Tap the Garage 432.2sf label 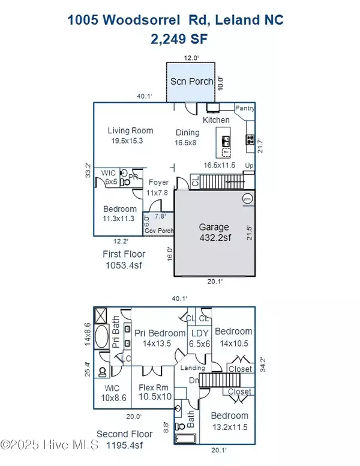214,227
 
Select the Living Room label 130,130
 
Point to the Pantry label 245,109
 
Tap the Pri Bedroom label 160,333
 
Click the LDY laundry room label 199,333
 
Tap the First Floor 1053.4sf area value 124,265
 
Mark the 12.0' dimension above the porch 190,58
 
